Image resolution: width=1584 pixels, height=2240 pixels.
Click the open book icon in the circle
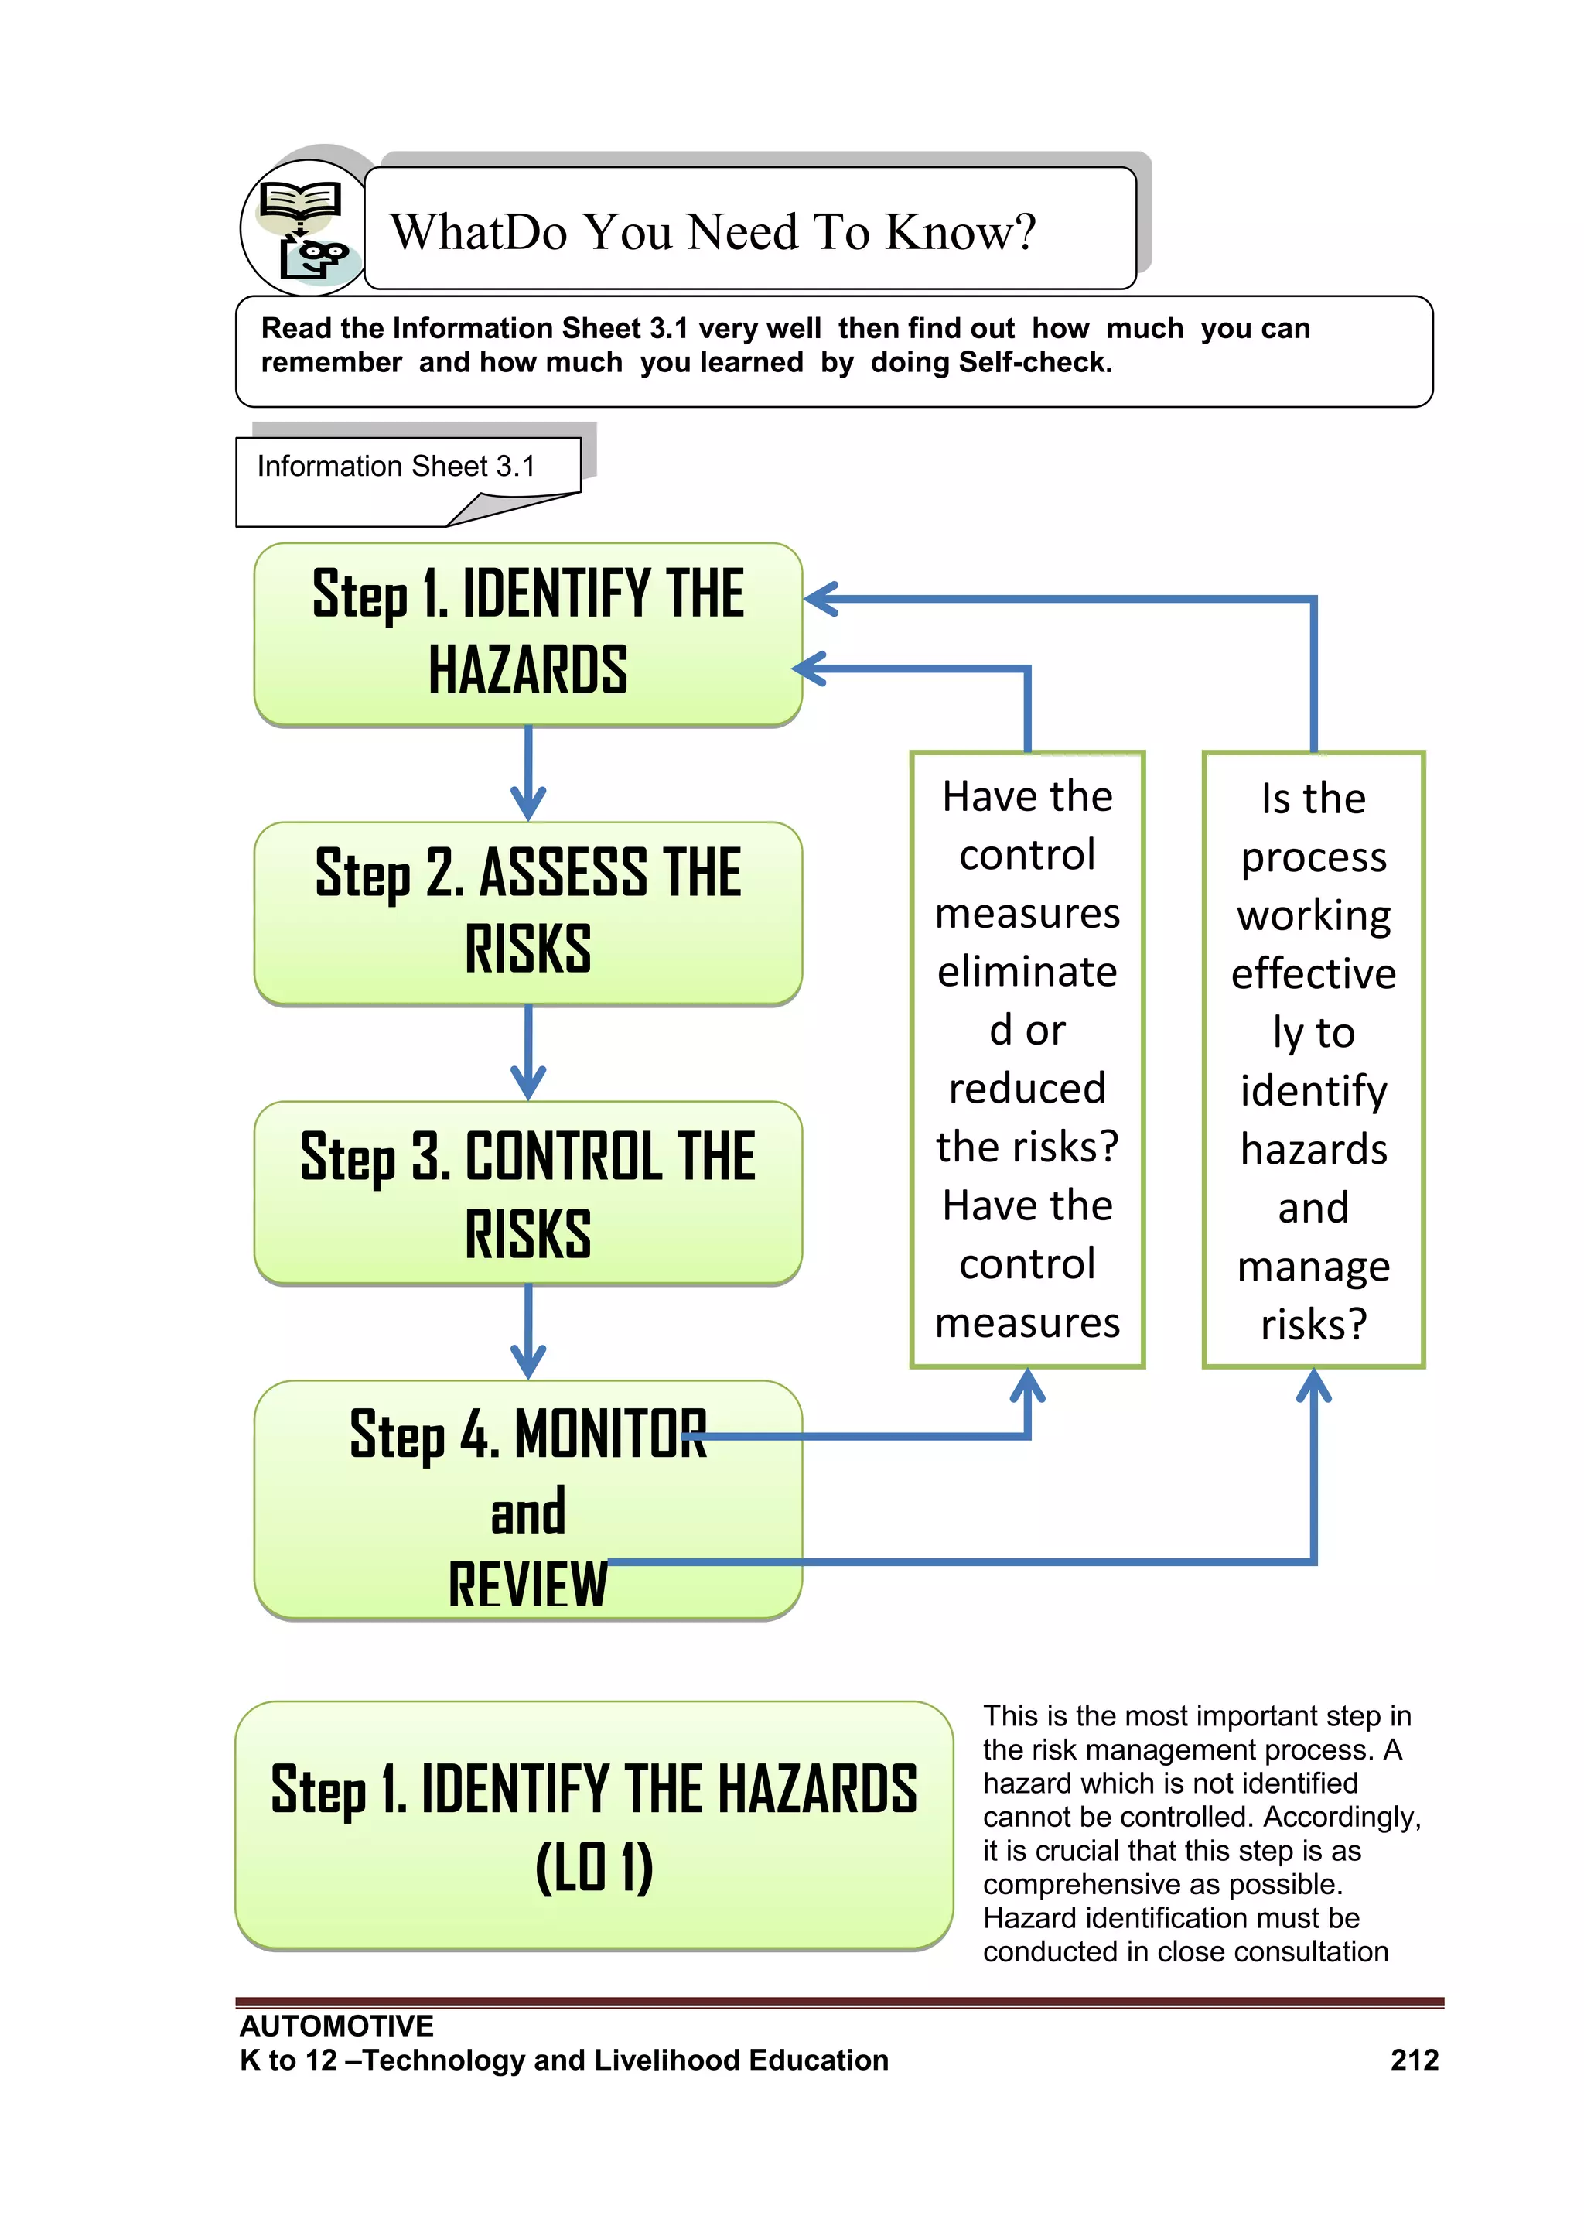click(299, 203)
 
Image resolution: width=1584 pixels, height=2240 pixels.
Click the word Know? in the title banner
click(961, 232)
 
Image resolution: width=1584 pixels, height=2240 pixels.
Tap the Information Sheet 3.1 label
click(396, 467)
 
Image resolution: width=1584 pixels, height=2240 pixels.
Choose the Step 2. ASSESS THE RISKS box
click(527, 912)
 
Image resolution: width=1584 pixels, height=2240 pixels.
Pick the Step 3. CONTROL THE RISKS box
click(527, 1192)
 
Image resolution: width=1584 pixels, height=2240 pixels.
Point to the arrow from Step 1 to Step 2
click(527, 775)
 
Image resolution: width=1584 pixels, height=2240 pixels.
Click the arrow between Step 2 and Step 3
click(527, 1055)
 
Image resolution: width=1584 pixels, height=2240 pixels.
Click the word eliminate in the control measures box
click(1027, 972)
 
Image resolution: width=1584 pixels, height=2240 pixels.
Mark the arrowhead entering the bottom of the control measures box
click(1027, 1384)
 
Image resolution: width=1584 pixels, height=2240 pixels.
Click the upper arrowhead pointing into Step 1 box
click(821, 599)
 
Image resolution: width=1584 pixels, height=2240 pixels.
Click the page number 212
click(1415, 2060)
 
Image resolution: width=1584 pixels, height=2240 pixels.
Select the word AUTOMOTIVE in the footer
click(336, 2026)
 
